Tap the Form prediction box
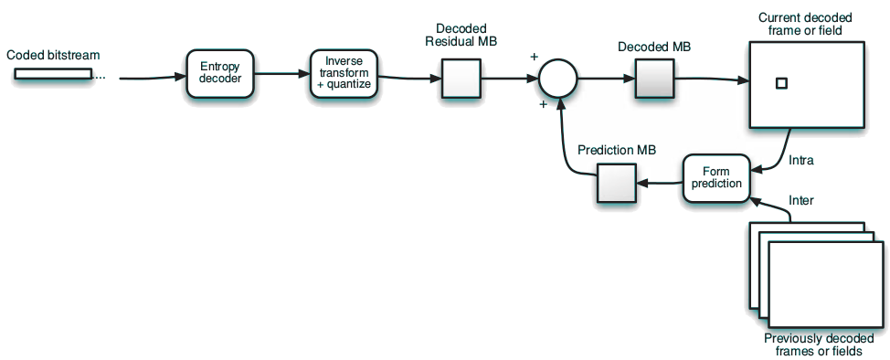coord(716,177)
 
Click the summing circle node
coord(556,79)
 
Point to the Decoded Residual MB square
coord(461,79)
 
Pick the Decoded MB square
coord(653,79)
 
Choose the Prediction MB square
coord(616,183)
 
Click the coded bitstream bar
coord(53,74)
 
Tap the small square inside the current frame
coord(780,84)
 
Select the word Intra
coord(800,161)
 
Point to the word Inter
coord(800,200)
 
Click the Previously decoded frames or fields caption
coord(812,344)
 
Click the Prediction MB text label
coord(617,150)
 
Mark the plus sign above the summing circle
coord(534,57)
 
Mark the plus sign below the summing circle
coord(543,104)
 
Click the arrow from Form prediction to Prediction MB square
coord(660,184)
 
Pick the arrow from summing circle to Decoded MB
coord(606,79)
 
